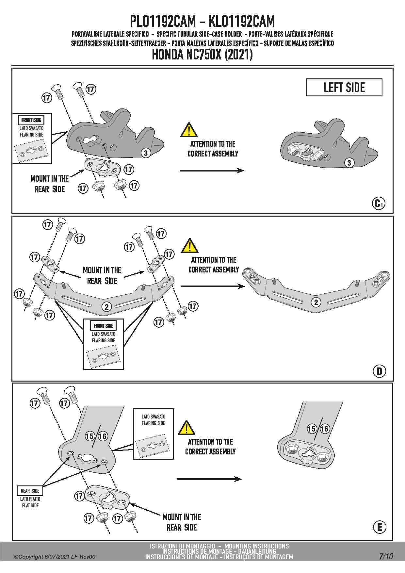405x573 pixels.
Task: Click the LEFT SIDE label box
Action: point(344,88)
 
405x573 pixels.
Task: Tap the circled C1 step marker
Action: point(379,204)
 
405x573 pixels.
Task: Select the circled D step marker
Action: point(379,371)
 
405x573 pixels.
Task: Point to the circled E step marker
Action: point(379,527)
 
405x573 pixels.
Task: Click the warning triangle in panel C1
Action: point(189,130)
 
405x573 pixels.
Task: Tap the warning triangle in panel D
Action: point(190,246)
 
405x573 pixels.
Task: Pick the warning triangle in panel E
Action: point(186,428)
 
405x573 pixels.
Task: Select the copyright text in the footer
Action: point(55,557)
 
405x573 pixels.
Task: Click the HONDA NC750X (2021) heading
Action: point(202,55)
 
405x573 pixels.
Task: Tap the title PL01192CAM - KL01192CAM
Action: point(202,22)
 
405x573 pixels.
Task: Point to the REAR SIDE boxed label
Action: point(30,491)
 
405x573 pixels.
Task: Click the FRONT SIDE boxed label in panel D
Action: point(103,326)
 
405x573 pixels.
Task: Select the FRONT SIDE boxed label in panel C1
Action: point(31,120)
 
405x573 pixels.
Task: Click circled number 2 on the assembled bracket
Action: point(316,303)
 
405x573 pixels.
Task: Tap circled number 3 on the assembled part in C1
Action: point(349,163)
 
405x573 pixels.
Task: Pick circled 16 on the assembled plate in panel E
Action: point(325,429)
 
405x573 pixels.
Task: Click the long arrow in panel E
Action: point(209,479)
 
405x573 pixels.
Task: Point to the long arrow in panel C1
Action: point(212,170)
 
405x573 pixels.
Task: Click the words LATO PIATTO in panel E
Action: point(30,499)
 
